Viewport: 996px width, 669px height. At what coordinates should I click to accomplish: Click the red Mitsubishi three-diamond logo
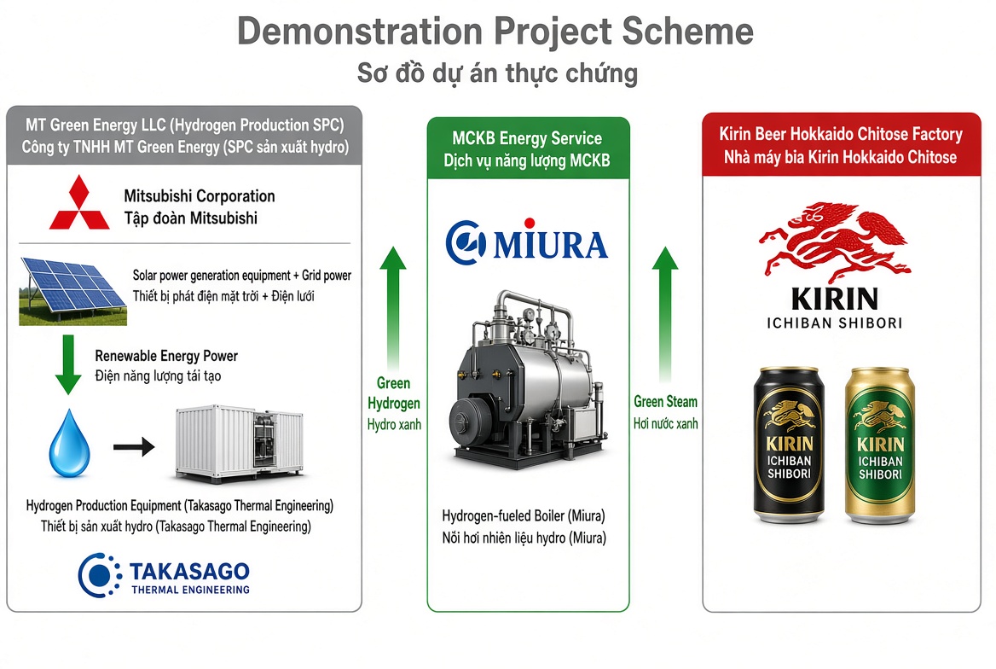click(79, 203)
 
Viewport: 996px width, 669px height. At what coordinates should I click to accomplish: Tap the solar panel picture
click(73, 291)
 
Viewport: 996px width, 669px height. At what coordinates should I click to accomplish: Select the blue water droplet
click(69, 443)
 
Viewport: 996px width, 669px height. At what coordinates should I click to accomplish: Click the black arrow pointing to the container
click(134, 446)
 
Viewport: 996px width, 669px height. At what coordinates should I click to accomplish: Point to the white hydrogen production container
click(240, 443)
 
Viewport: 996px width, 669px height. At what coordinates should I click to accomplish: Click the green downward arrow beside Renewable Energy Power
click(68, 364)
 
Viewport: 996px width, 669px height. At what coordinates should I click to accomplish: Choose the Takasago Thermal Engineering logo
click(164, 575)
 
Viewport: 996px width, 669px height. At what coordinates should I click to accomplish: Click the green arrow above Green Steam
click(665, 313)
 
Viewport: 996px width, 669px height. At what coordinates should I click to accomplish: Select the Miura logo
click(527, 241)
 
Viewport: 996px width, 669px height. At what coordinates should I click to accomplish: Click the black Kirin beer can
click(789, 445)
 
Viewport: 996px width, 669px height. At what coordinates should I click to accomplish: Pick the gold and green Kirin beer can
click(880, 445)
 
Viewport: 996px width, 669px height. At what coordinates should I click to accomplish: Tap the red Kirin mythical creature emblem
click(835, 242)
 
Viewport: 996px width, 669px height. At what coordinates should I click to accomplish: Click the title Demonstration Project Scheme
click(495, 32)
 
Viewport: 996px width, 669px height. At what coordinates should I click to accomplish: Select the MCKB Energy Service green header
click(528, 148)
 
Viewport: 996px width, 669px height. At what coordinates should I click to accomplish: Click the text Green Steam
click(665, 402)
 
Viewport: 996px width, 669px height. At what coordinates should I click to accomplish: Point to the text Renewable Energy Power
click(166, 356)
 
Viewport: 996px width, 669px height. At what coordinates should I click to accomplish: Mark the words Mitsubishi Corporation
click(200, 196)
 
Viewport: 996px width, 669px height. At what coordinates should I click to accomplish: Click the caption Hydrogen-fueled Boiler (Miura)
click(524, 515)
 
